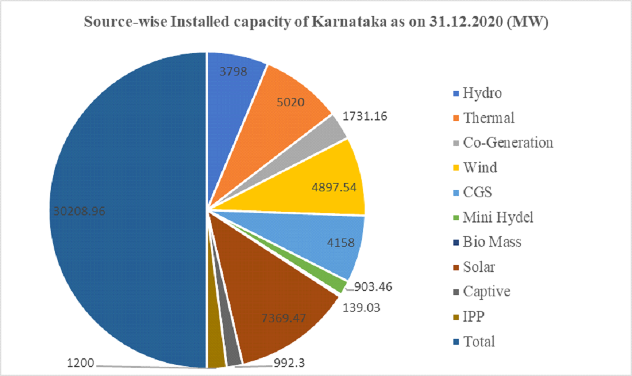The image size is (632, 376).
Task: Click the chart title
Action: [316, 22]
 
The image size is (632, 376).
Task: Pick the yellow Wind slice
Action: [331, 177]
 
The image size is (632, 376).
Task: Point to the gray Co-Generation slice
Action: [334, 127]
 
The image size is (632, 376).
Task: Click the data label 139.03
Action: [361, 307]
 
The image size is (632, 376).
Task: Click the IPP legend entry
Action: [473, 316]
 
